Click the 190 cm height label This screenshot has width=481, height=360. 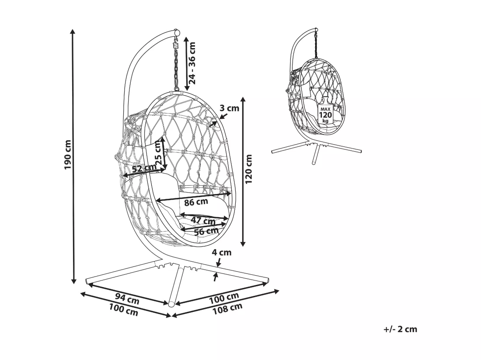coord(68,155)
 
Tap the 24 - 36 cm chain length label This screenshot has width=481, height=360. coord(192,63)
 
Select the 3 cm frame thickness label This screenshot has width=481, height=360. coord(229,108)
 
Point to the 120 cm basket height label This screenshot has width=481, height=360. coord(248,169)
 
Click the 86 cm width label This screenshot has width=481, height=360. coord(196,202)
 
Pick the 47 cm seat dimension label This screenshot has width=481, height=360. coord(203,220)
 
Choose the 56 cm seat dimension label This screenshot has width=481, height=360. coord(206,231)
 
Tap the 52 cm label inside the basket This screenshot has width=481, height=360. coord(144,168)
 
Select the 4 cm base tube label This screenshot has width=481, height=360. coord(222,253)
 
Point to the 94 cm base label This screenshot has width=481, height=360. coord(127,298)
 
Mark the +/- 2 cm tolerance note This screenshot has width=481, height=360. coord(400,329)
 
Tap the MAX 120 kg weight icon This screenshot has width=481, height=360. coord(325,114)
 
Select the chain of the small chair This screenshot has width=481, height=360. coord(316,45)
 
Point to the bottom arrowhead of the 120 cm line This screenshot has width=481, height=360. coord(243,244)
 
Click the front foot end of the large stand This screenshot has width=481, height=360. coord(172,304)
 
